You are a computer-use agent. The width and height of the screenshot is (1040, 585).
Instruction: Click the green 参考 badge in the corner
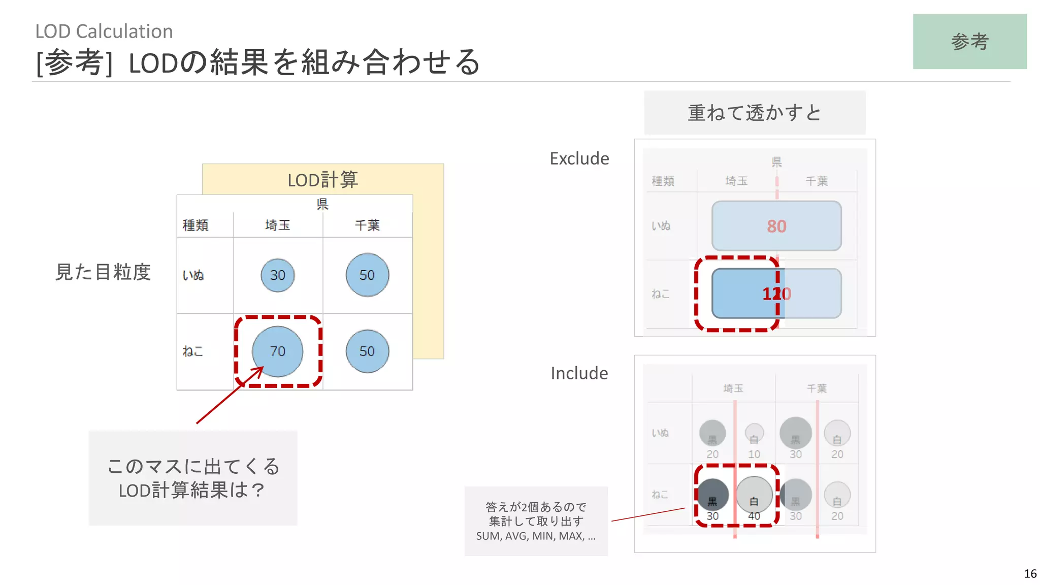click(969, 42)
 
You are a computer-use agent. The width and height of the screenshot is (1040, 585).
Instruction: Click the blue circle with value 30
click(277, 275)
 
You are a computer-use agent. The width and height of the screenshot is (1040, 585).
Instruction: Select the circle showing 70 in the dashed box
click(277, 351)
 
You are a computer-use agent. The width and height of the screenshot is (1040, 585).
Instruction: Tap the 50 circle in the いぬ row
click(367, 275)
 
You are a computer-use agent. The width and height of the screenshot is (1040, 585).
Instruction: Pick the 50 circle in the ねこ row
click(367, 351)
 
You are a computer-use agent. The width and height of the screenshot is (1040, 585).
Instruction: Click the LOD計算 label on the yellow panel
click(322, 180)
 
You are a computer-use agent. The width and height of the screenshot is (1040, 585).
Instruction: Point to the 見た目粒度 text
click(103, 272)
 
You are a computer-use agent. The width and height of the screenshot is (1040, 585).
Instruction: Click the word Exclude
click(579, 158)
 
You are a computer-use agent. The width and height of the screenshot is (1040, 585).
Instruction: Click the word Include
click(579, 373)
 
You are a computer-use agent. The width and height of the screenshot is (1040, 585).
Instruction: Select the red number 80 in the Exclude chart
click(776, 226)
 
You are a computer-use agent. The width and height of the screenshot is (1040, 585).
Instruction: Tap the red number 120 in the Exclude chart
click(776, 294)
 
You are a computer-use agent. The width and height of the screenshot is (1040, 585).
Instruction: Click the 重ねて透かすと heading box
click(754, 113)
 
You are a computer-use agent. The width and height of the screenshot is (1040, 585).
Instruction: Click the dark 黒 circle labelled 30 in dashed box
click(712, 495)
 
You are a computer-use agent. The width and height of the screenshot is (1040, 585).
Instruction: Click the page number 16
click(1030, 574)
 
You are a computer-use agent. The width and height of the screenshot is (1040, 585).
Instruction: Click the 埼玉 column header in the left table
click(277, 225)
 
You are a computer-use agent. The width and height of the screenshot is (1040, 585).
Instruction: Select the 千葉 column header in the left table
click(367, 225)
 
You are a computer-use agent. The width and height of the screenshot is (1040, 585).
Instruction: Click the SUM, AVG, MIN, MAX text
click(535, 536)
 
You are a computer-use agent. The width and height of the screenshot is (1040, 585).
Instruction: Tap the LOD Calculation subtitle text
click(104, 31)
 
